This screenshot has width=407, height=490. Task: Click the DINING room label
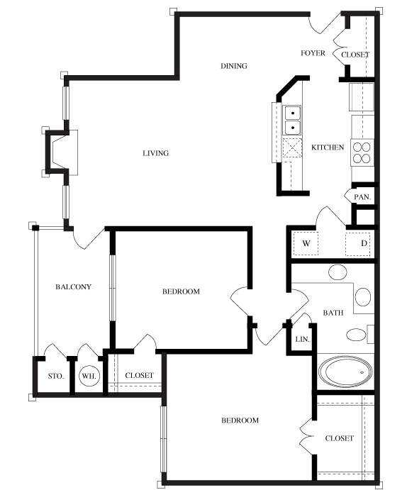pyautogui.click(x=234, y=66)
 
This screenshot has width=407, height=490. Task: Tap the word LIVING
pyautogui.click(x=155, y=153)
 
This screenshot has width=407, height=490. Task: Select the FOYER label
pyautogui.click(x=313, y=53)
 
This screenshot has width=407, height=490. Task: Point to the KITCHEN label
pyautogui.click(x=328, y=147)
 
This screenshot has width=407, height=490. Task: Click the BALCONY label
pyautogui.click(x=74, y=286)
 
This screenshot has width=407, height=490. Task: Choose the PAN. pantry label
pyautogui.click(x=362, y=197)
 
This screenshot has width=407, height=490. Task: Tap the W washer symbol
pyautogui.click(x=306, y=243)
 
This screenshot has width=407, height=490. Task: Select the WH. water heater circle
pyautogui.click(x=89, y=376)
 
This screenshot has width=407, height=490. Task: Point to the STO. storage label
pyautogui.click(x=56, y=376)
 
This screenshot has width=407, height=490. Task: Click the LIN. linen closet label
pyautogui.click(x=302, y=339)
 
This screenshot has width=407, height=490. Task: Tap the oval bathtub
pyautogui.click(x=345, y=372)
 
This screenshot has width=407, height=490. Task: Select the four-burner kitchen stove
pyautogui.click(x=362, y=152)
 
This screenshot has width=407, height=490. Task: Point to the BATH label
pyautogui.click(x=333, y=313)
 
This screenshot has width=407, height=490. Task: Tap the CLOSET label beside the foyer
pyautogui.click(x=355, y=55)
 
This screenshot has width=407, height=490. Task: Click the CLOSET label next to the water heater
pyautogui.click(x=139, y=375)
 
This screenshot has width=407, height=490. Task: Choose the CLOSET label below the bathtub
pyautogui.click(x=340, y=438)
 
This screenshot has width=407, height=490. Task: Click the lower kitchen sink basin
pyautogui.click(x=293, y=128)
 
